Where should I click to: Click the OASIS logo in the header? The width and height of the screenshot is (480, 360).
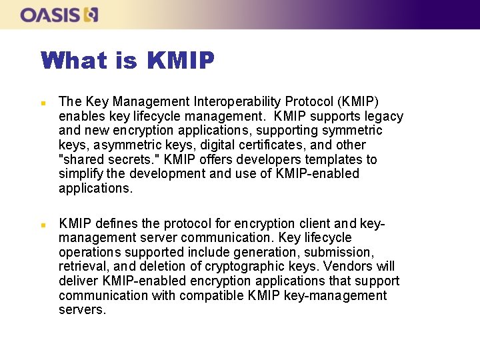[x=59, y=14]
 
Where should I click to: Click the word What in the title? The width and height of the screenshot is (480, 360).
[x=73, y=61]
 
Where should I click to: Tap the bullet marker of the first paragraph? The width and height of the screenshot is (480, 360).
[x=43, y=103]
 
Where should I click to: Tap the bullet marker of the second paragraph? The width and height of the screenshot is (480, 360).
[x=43, y=225]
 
